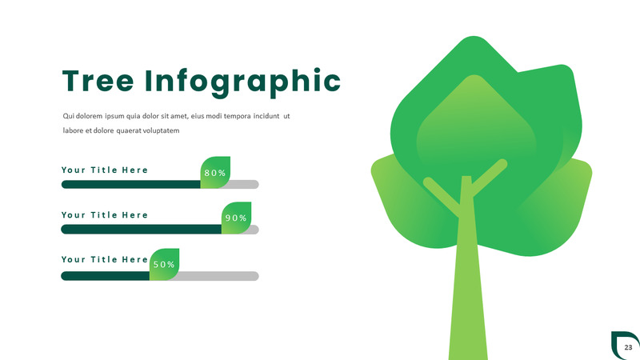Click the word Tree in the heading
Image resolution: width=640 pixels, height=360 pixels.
pyautogui.click(x=98, y=81)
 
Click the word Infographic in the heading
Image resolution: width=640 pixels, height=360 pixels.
pyautogui.click(x=243, y=83)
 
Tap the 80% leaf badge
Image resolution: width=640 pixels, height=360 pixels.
pyautogui.click(x=215, y=172)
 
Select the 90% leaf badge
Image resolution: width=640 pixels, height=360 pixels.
pyautogui.click(x=236, y=218)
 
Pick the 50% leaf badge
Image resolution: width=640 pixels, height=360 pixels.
pyautogui.click(x=164, y=264)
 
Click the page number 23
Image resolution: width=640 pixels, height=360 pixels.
pyautogui.click(x=628, y=347)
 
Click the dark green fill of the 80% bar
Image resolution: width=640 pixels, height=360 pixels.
pyautogui.click(x=130, y=185)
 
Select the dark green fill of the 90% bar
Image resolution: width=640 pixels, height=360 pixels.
pyautogui.click(x=142, y=230)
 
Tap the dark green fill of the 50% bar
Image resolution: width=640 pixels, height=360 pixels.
pyautogui.click(x=106, y=276)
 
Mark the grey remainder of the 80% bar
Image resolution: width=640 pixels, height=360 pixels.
pyautogui.click(x=244, y=185)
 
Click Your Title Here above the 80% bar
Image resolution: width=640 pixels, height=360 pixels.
pyautogui.click(x=105, y=170)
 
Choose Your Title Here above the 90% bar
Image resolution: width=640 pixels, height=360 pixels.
pyautogui.click(x=105, y=215)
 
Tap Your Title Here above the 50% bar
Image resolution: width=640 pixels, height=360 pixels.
pyautogui.click(x=105, y=259)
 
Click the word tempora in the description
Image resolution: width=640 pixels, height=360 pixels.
pyautogui.click(x=237, y=116)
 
